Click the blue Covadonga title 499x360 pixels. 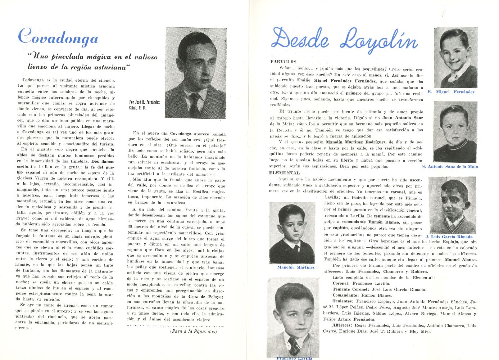click(58, 37)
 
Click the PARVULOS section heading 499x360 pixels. click(283, 62)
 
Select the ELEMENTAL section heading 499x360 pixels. click(284, 173)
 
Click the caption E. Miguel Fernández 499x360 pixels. click(451, 92)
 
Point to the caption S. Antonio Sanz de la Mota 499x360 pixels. click(450, 167)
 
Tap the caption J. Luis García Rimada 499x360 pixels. click(454, 237)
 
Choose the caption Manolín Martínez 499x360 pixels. click(296, 267)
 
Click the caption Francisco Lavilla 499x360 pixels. click(294, 358)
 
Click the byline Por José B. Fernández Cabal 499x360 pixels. click(144, 105)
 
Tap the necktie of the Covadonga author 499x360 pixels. click(194, 104)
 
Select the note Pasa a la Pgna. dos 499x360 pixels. click(194, 331)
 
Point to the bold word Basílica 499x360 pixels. click(200, 192)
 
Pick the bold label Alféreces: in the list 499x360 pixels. click(343, 325)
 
